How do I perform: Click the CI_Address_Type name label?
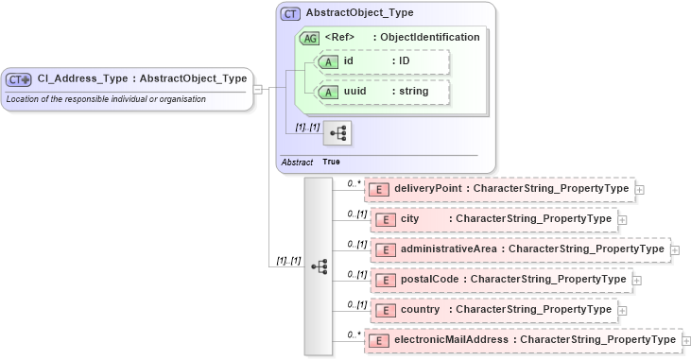point(142,78)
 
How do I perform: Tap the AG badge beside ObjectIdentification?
point(309,38)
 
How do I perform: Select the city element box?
point(491,219)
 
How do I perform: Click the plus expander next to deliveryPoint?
point(640,190)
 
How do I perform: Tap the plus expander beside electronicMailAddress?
point(687,340)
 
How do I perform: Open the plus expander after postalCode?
point(636,281)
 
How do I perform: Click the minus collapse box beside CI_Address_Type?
point(259,90)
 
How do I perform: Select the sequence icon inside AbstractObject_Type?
point(337,133)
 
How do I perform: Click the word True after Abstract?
point(332,162)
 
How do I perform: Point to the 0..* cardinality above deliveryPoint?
point(354,184)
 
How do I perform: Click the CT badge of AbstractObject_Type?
point(291,14)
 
